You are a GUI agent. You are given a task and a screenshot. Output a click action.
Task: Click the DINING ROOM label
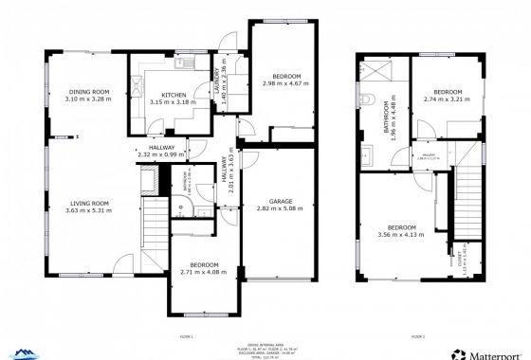[x=87, y=92]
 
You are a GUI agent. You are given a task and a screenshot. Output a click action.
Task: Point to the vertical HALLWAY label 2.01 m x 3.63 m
[x=228, y=174]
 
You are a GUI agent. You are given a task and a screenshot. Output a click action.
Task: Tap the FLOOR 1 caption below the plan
[x=186, y=337]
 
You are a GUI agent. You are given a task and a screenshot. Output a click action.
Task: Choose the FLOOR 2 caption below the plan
[x=418, y=337]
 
